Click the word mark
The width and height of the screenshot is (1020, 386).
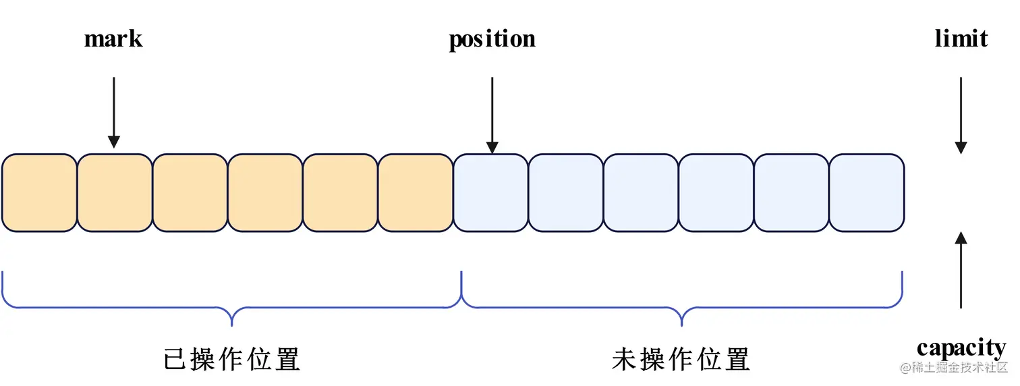(x=113, y=39)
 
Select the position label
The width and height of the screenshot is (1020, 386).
(x=492, y=39)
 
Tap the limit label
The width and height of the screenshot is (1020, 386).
(x=961, y=39)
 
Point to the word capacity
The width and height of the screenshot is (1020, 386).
(x=961, y=348)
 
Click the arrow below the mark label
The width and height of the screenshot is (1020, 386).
(x=114, y=111)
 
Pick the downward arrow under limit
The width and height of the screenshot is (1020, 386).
(x=961, y=115)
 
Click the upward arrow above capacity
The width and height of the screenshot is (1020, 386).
(x=961, y=270)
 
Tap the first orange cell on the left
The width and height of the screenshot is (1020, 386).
(x=39, y=193)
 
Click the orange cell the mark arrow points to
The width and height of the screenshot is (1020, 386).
(x=115, y=193)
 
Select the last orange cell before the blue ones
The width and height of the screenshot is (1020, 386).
(x=415, y=193)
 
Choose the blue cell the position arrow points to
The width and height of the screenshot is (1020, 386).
(x=490, y=193)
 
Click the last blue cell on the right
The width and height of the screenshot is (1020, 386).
(x=866, y=193)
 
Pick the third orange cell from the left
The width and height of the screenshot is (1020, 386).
(x=190, y=193)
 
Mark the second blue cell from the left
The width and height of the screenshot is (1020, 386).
(x=565, y=193)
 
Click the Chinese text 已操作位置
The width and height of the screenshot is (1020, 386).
(x=231, y=359)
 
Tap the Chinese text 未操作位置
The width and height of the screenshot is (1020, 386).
(x=681, y=359)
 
